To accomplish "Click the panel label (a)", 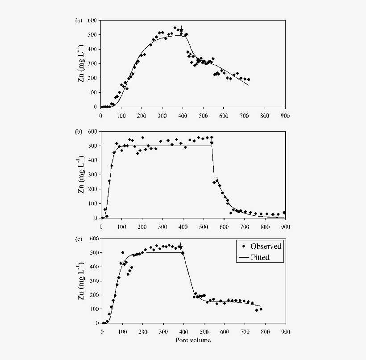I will tap(79, 21).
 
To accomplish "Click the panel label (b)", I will tap(79, 132).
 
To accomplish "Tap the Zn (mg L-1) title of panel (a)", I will tap(81, 63).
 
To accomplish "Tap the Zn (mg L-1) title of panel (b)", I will tap(81, 175).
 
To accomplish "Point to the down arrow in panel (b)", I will tap(212, 142).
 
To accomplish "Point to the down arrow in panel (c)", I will tap(180, 246).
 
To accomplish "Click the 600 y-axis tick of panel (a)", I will tap(92, 21).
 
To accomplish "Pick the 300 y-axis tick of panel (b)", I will tap(92, 175).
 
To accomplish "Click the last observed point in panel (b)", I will tap(284, 213).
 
